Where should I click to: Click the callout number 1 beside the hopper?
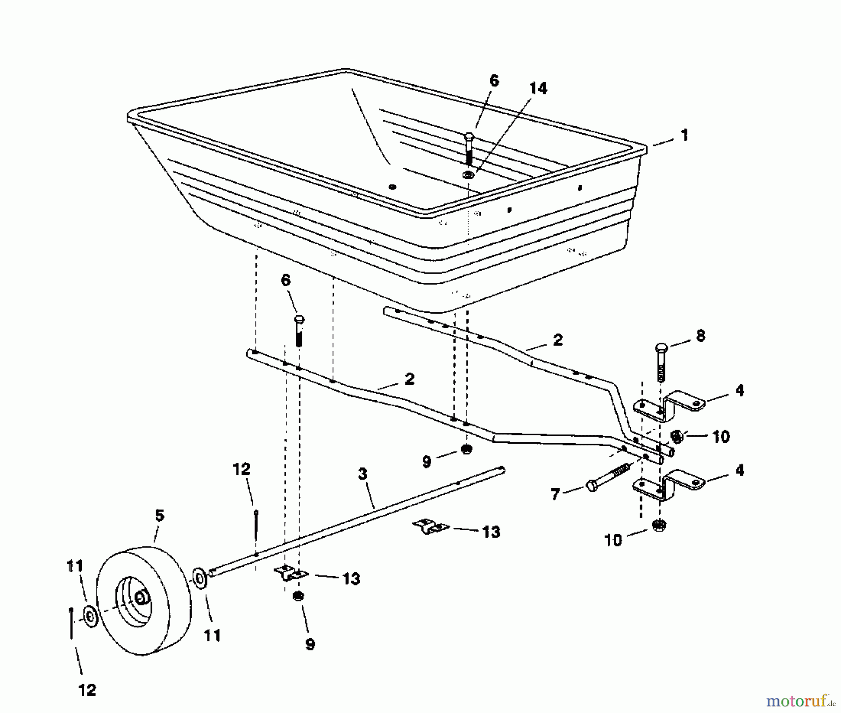[x=684, y=136]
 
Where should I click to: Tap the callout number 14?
[x=538, y=88]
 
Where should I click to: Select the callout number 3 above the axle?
[x=363, y=474]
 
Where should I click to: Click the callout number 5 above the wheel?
[x=159, y=516]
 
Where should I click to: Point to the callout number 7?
[x=555, y=494]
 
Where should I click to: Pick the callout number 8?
[x=700, y=336]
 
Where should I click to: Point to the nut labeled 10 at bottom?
[x=659, y=525]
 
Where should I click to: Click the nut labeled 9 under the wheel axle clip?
[x=298, y=596]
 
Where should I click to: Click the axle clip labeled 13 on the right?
[x=430, y=526]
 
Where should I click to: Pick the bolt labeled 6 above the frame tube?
[x=299, y=330]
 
